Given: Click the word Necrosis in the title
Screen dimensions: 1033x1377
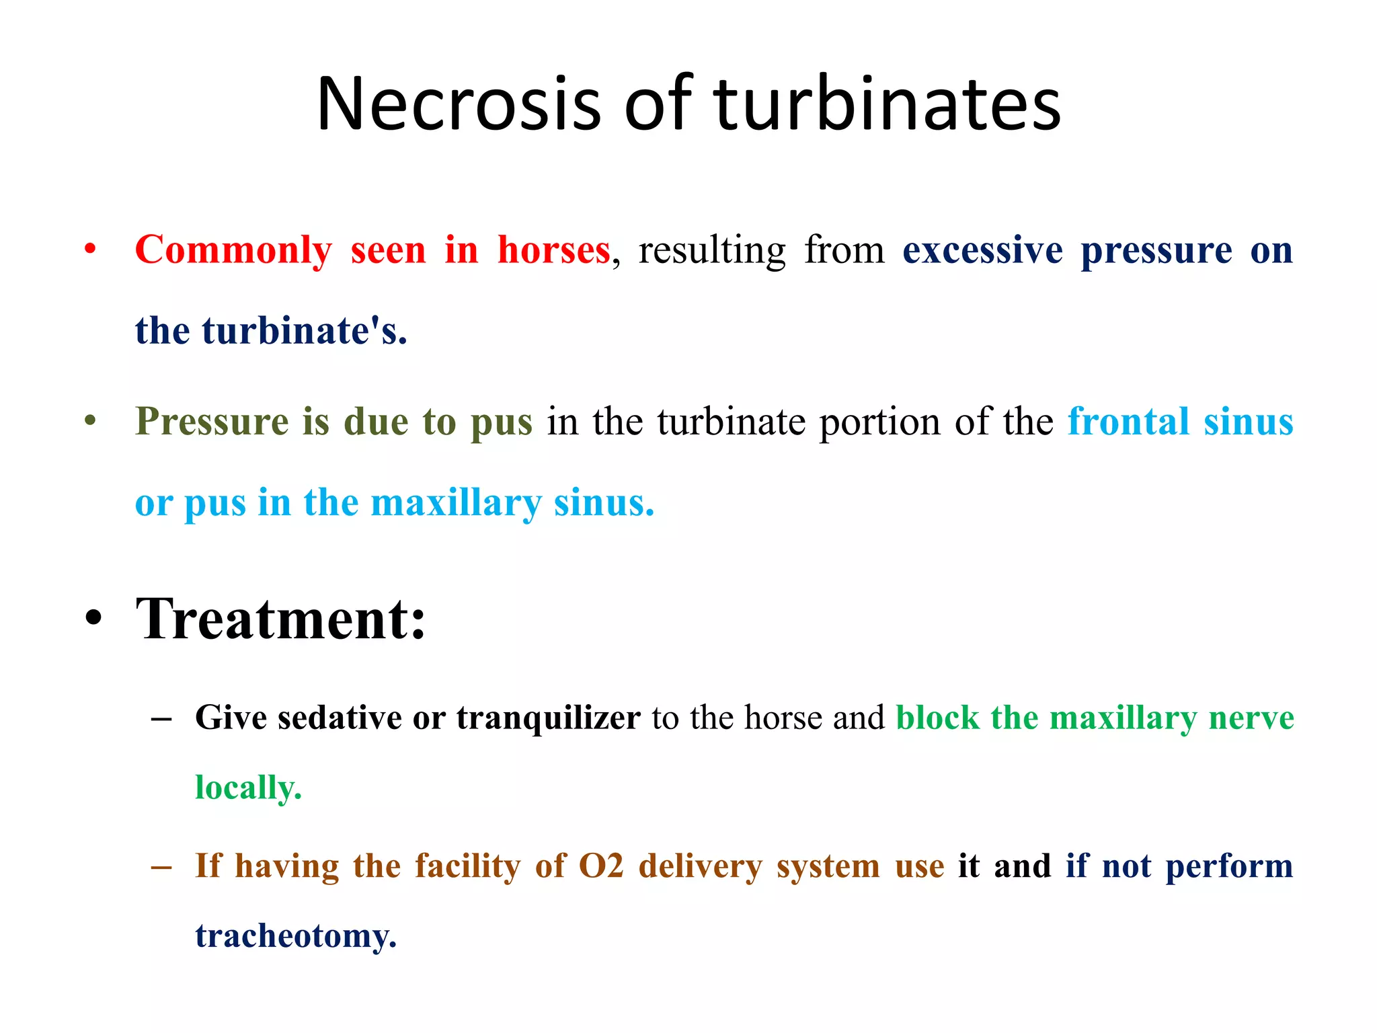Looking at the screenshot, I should point(458,104).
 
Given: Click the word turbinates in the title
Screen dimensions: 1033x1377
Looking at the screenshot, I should point(887,104).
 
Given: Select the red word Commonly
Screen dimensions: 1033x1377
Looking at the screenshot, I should point(233,250).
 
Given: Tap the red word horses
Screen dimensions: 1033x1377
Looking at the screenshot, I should point(553,250).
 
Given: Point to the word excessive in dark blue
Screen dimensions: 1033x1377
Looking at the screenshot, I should point(982,250).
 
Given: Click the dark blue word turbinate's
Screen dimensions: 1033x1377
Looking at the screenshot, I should point(305,331).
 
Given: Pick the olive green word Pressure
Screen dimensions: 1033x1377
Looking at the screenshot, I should point(212,422).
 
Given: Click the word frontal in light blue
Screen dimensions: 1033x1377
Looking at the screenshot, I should point(1128,422).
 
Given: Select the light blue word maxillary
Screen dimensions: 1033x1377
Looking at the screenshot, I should point(456,503).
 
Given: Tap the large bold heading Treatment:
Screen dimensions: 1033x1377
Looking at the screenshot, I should point(281,619).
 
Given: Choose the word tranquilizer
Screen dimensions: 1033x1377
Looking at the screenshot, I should point(548,718).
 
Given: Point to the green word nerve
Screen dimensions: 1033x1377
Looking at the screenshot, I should point(1251,718).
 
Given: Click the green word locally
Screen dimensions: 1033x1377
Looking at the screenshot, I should point(248,788).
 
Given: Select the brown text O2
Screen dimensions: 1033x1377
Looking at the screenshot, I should point(601,866).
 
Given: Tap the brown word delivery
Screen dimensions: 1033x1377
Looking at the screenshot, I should point(700,866).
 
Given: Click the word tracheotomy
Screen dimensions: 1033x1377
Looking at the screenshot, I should point(296,936).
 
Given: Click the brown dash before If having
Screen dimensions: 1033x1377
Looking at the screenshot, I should point(161,867).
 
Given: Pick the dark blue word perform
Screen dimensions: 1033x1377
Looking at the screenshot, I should point(1229,866).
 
